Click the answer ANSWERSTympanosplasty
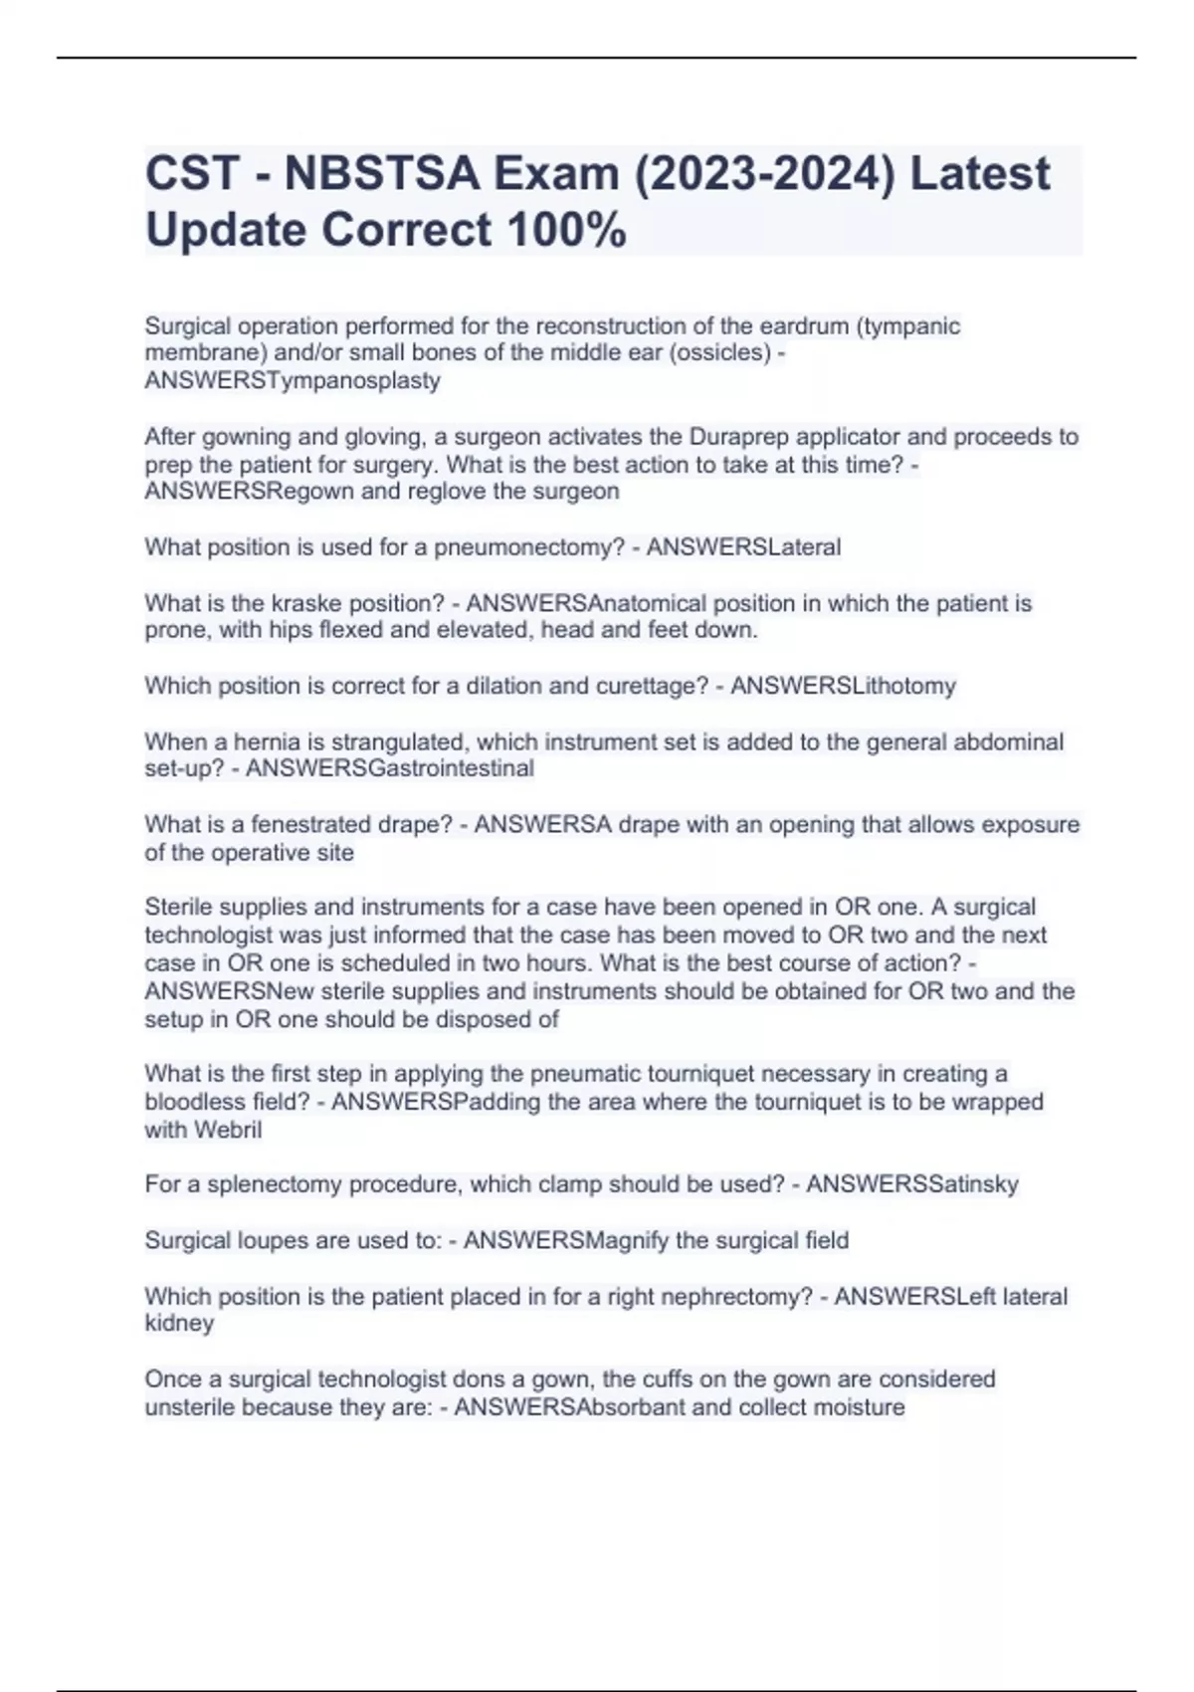point(293,380)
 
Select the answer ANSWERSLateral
point(743,547)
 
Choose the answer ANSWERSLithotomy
point(843,686)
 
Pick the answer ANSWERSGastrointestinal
point(389,768)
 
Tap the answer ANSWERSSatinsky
point(911,1184)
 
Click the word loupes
point(269,1240)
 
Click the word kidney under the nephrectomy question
point(179,1323)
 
